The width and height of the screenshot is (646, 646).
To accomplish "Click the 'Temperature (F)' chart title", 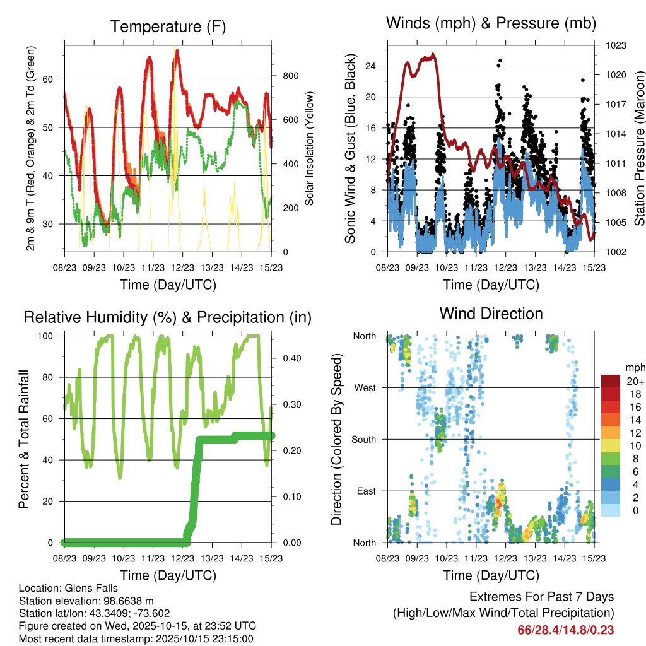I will pos(168,27).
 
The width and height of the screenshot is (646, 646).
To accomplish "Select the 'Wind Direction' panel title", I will pos(491,314).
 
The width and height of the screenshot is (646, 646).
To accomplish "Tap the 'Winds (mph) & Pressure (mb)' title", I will pos(491,23).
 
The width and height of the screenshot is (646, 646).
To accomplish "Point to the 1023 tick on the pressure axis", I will pos(615,45).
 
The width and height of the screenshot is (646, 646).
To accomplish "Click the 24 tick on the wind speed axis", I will pos(371,66).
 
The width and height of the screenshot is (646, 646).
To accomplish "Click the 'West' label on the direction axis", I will pos(365,387).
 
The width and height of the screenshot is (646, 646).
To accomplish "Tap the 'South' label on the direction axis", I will pos(364,439).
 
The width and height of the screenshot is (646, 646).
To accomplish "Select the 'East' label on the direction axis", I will pos(367,491).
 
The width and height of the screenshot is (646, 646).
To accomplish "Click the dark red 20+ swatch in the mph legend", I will pos(611,381).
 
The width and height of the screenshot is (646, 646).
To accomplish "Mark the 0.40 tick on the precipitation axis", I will pos(290,358).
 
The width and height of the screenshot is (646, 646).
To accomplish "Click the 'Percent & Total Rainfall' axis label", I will pos(25,439).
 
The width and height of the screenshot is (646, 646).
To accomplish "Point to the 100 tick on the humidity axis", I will pos(50,336).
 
